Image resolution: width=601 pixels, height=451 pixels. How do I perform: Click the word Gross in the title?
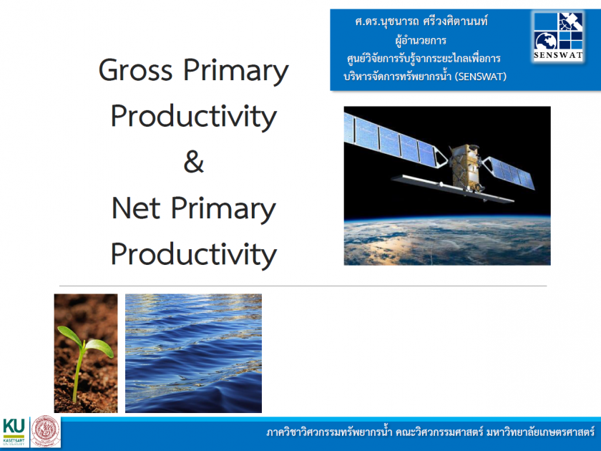pos(135,70)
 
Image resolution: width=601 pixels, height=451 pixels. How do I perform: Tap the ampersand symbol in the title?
pos(194,162)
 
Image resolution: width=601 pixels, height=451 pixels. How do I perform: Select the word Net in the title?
pos(136,208)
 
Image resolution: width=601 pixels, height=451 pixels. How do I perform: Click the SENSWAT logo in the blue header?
pos(558,36)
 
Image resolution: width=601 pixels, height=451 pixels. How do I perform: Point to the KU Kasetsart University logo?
pos(14,432)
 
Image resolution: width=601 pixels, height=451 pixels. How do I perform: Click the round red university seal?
pos(46,432)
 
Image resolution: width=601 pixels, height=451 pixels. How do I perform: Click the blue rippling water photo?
pos(194,353)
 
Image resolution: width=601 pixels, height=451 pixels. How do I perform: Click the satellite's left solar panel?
pos(395,142)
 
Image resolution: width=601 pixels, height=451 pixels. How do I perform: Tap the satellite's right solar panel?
pos(509,173)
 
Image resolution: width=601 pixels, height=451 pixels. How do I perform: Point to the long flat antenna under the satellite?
pos(452,189)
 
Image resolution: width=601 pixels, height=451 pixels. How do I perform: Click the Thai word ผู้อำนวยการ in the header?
pos(421,40)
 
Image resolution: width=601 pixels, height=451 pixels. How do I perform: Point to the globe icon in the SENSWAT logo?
pos(546,41)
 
